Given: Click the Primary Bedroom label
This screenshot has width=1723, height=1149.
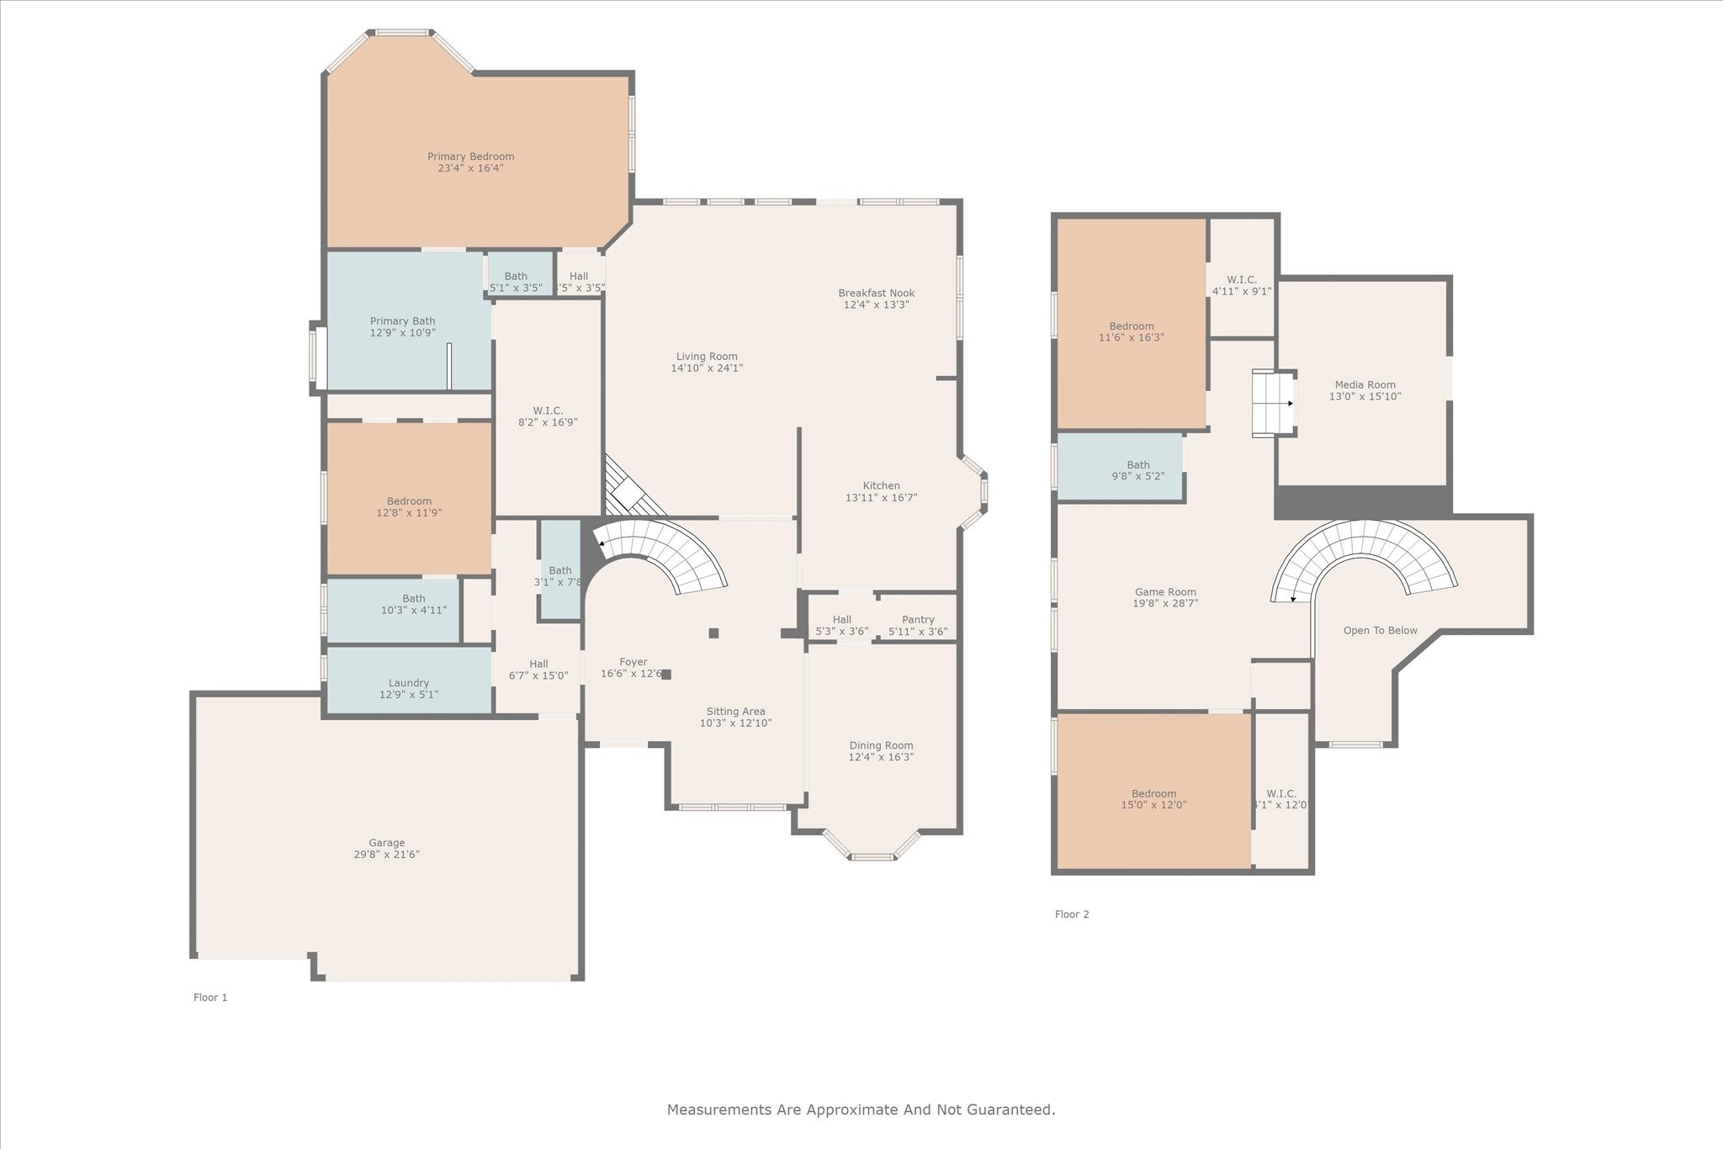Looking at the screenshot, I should coord(470,156).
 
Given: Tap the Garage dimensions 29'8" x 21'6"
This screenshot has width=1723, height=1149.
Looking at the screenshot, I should coord(386,855).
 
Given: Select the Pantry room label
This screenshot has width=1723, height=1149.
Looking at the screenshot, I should coord(918,620).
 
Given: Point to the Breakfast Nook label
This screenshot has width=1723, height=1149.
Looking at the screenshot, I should coord(876,294).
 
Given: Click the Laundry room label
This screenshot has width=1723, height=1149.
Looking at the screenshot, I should coord(409,683).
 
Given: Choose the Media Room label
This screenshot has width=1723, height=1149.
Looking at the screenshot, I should coord(1365,385).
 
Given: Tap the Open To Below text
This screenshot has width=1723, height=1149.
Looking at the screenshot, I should coord(1380,631).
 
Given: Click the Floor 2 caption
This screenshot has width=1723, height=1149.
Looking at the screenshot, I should coord(1072,914).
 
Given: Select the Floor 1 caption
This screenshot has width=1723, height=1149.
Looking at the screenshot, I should coord(210,998).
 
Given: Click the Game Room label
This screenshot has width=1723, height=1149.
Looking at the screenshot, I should coord(1165,592).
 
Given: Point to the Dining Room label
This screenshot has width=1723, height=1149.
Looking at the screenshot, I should coord(881,745).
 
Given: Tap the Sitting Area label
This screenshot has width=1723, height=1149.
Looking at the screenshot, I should coord(735,712).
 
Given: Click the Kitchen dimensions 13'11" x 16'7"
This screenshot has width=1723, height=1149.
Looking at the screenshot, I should coord(881,498).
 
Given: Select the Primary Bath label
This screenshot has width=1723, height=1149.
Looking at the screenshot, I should coord(402,321).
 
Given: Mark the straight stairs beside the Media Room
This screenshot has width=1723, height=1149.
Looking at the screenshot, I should coord(1272,404).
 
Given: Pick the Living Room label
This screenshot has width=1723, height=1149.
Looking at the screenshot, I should coord(707,357).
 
